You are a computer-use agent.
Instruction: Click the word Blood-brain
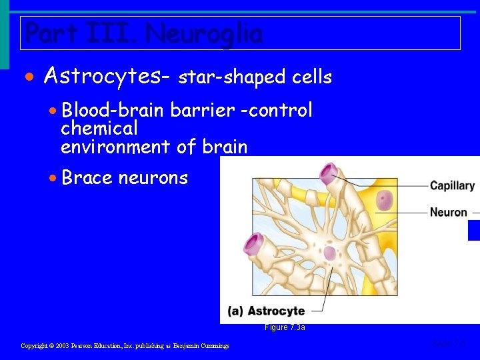click(114, 110)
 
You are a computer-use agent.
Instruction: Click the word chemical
click(99, 128)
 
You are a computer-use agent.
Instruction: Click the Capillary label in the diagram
click(452, 186)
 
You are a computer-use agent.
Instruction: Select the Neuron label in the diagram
click(448, 212)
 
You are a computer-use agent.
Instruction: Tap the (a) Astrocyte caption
click(266, 311)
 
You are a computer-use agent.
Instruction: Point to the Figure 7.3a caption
click(285, 327)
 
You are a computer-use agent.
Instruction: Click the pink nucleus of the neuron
click(385, 200)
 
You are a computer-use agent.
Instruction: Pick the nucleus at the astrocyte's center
click(329, 253)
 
